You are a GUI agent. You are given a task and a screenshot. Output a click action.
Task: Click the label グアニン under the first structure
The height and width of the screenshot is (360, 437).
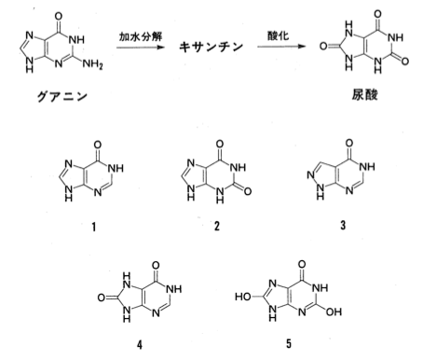pyautogui.click(x=62, y=97)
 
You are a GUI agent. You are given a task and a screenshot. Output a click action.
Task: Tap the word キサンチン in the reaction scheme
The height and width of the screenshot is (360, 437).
pyautogui.click(x=212, y=47)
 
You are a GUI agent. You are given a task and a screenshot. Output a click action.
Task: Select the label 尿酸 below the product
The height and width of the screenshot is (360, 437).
pyautogui.click(x=364, y=94)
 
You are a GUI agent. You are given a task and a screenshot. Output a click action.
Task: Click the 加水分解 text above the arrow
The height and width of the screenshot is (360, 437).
pyautogui.click(x=141, y=36)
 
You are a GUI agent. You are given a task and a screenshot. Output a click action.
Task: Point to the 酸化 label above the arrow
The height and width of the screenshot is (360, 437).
pyautogui.click(x=278, y=35)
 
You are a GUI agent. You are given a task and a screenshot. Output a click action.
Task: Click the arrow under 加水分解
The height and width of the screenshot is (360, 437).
pyautogui.click(x=141, y=48)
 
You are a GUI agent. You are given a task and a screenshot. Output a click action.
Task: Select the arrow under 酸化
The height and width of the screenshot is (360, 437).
pyautogui.click(x=281, y=47)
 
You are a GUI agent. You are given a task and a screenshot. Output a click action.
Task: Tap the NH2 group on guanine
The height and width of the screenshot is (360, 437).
pyautogui.click(x=92, y=64)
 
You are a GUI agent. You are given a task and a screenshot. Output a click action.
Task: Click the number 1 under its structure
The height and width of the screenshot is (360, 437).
pyautogui.click(x=94, y=228)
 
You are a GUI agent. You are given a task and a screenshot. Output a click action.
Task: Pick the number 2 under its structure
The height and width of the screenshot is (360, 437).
pyautogui.click(x=217, y=226)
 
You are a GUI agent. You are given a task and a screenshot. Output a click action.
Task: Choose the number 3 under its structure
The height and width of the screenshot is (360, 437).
pyautogui.click(x=343, y=225)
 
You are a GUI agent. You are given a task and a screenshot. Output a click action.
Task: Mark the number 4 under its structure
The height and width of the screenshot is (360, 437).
pyautogui.click(x=140, y=344)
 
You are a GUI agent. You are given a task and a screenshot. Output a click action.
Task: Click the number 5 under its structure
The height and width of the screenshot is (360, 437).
pyautogui.click(x=289, y=343)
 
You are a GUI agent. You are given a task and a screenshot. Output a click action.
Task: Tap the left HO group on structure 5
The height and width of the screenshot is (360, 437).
pyautogui.click(x=243, y=297)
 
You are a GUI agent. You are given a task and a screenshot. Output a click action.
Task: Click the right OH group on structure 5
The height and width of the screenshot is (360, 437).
pyautogui.click(x=334, y=312)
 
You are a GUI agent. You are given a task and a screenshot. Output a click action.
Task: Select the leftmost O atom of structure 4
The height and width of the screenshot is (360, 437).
pyautogui.click(x=102, y=298)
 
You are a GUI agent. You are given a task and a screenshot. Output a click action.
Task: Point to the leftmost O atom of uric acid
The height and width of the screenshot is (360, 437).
pyautogui.click(x=323, y=47)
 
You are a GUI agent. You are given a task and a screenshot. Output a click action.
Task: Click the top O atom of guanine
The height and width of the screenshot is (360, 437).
pyautogui.click(x=58, y=16)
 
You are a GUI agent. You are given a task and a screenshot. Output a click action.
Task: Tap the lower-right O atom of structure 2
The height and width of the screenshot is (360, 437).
pyautogui.click(x=247, y=191)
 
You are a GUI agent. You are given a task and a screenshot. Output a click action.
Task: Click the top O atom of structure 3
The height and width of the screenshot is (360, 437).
pyautogui.click(x=349, y=143)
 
